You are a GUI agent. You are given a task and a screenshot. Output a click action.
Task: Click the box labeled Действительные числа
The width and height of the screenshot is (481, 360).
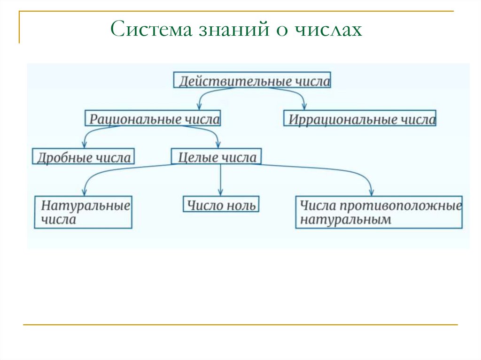click(252, 80)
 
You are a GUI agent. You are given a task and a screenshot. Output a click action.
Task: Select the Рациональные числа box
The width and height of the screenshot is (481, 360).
click(153, 118)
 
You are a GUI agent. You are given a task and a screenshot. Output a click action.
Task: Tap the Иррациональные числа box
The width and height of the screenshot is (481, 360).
click(360, 118)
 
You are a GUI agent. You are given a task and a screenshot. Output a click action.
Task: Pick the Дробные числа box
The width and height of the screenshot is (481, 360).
click(83, 156)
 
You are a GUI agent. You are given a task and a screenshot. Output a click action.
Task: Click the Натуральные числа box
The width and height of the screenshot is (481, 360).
click(83, 212)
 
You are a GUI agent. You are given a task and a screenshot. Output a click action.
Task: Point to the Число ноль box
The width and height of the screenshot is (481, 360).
click(221, 205)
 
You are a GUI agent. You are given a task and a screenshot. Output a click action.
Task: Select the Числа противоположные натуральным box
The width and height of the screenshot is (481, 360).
click(379, 212)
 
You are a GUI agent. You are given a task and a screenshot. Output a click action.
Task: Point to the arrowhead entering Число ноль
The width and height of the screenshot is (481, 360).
click(221, 192)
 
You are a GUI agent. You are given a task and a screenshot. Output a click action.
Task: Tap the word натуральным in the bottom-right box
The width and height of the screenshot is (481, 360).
click(345, 220)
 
